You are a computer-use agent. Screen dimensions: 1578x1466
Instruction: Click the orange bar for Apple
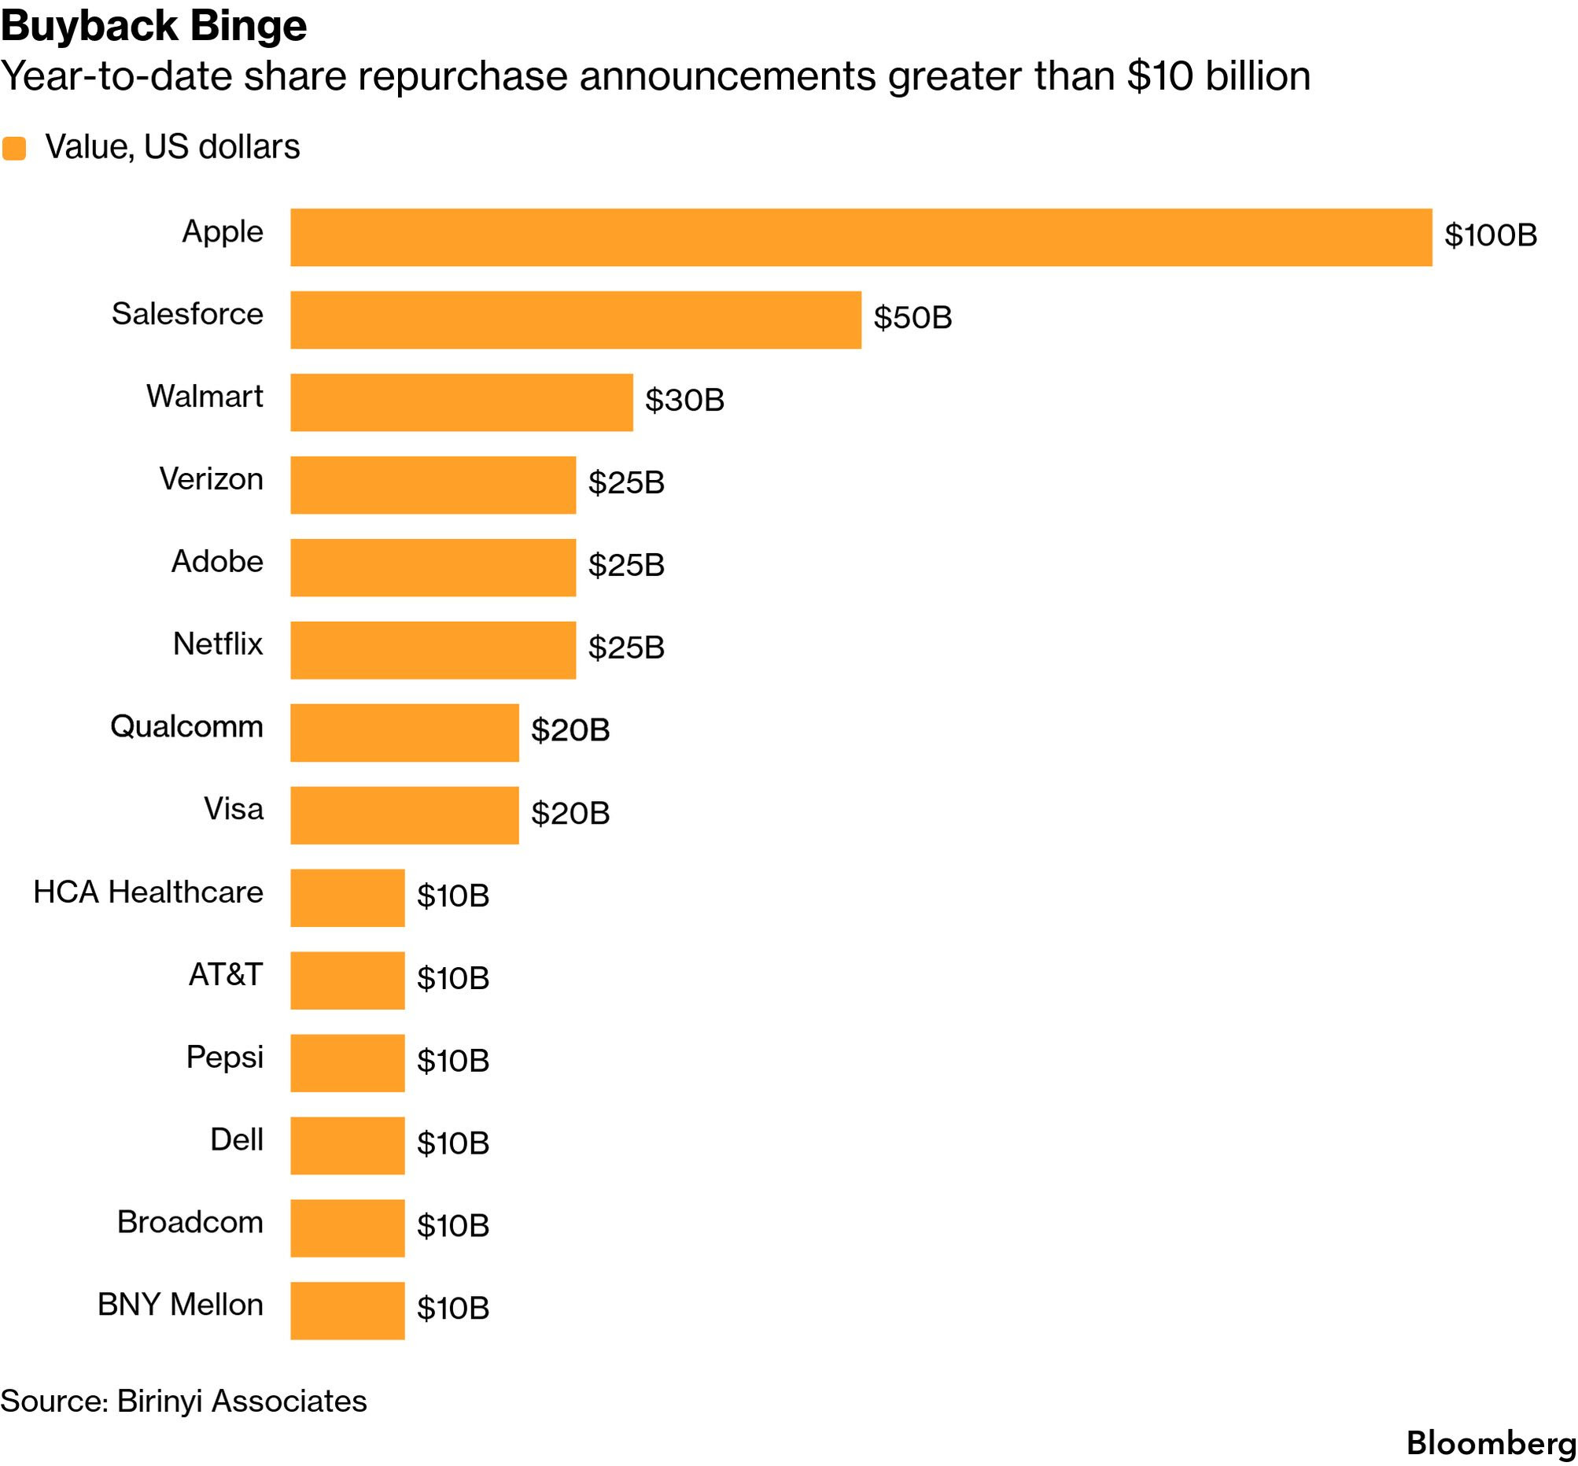(x=861, y=237)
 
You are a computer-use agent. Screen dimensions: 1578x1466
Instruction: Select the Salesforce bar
(x=576, y=319)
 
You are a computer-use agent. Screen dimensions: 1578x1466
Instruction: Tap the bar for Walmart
(x=462, y=402)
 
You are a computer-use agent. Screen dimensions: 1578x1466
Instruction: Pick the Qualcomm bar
(x=404, y=732)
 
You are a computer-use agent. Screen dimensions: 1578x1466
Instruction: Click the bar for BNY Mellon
(x=348, y=1310)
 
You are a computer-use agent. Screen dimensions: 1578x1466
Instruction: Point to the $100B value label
(x=1491, y=235)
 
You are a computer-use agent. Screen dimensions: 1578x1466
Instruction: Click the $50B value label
(x=913, y=318)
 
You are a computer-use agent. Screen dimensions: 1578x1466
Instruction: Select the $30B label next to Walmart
(x=684, y=401)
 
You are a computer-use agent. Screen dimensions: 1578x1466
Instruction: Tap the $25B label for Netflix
(x=626, y=648)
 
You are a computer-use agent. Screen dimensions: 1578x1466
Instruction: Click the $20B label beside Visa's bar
(x=570, y=813)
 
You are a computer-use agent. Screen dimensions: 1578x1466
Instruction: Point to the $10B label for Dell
(x=453, y=1143)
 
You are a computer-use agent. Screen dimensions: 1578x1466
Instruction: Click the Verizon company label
(x=211, y=479)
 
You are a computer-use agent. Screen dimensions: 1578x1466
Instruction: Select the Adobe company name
(x=217, y=562)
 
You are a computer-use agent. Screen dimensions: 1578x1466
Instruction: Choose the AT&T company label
(x=225, y=975)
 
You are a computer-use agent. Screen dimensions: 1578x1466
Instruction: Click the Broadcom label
(x=190, y=1223)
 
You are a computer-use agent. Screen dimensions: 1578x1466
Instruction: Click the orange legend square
(x=14, y=149)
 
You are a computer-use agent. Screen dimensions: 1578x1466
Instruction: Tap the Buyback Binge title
(x=154, y=25)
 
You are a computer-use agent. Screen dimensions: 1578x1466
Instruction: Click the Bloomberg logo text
(x=1491, y=1443)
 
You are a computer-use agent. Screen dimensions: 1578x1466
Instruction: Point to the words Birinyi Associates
(x=241, y=1401)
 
